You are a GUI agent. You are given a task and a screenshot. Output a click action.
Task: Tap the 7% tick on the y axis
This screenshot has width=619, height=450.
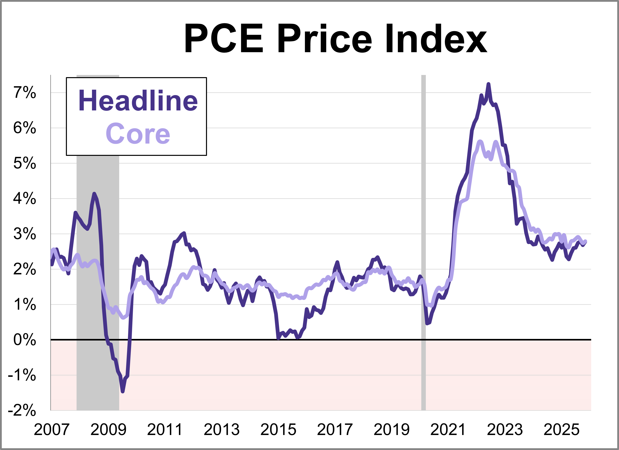click(24, 93)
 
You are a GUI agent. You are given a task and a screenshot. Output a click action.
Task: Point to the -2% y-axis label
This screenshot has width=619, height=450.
click(22, 410)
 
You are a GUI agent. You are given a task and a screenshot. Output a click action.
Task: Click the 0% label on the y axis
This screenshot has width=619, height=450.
click(24, 340)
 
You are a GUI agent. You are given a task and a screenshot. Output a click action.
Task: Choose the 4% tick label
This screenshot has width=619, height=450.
click(24, 198)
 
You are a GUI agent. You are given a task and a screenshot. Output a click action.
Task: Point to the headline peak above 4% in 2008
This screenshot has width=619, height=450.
click(94, 194)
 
